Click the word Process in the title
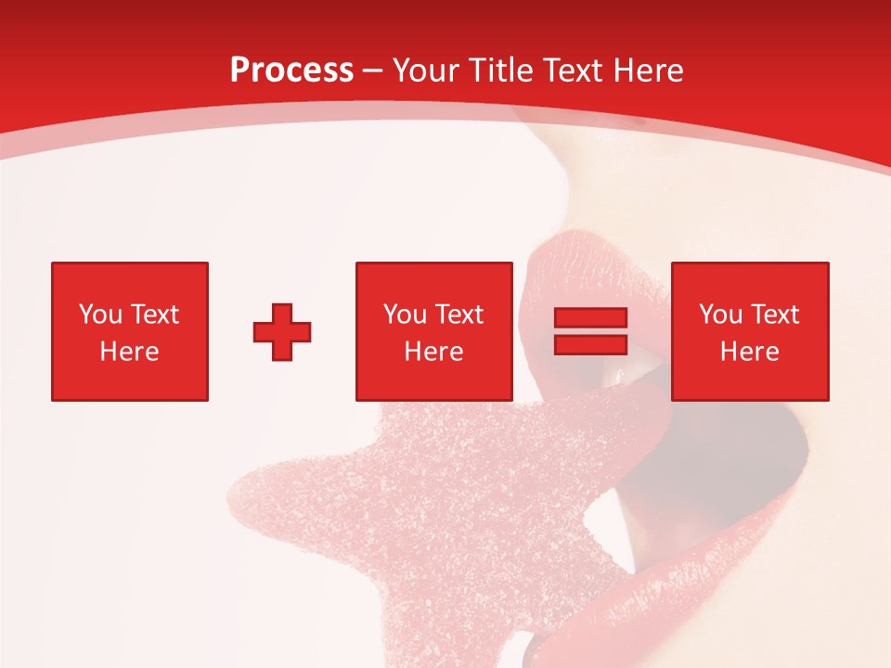click(291, 71)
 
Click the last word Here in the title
click(650, 71)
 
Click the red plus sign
click(282, 332)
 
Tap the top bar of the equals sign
click(590, 318)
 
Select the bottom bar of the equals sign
click(590, 344)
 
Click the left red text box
click(130, 331)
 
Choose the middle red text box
click(433, 331)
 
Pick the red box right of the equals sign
click(750, 331)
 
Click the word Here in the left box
click(129, 352)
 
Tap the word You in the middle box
click(405, 315)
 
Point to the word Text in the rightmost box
click(773, 315)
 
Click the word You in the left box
click(100, 315)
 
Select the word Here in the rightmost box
click(749, 352)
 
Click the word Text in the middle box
click(458, 315)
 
